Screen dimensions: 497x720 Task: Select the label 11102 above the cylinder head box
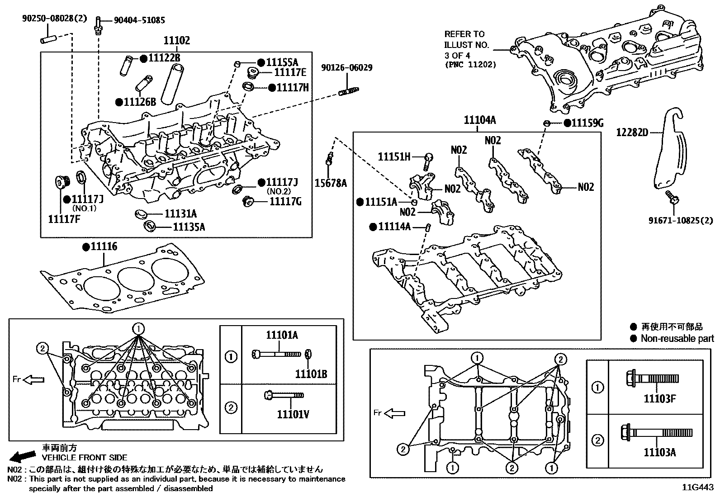(x=176, y=41)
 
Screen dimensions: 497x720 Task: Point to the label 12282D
(x=632, y=132)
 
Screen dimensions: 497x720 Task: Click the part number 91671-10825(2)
(x=682, y=221)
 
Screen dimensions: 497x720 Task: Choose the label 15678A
(x=331, y=183)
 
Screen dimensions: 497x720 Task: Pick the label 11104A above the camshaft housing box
(x=479, y=120)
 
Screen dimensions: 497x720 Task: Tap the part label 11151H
(x=394, y=157)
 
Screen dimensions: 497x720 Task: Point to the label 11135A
(x=189, y=227)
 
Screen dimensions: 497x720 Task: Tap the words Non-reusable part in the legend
(x=677, y=338)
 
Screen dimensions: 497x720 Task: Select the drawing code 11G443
(x=698, y=488)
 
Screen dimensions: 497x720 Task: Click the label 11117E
(x=290, y=72)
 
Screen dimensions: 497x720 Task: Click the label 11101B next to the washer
(x=311, y=374)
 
